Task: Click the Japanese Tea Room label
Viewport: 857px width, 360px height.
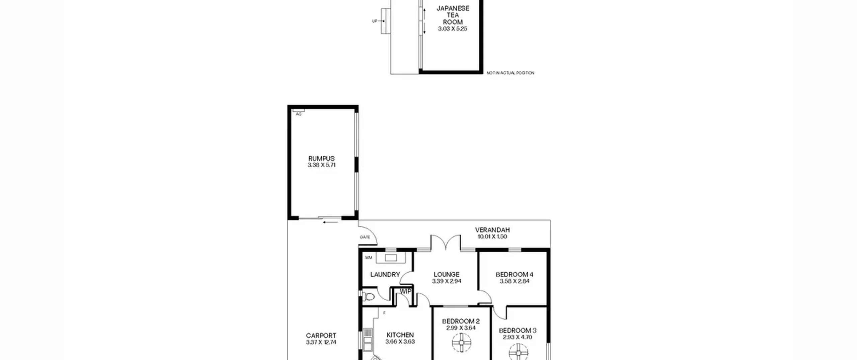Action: tap(453, 15)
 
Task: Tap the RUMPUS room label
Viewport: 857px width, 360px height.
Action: tap(321, 158)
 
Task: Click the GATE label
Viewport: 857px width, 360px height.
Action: tap(365, 237)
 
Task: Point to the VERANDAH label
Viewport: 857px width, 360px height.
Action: tap(492, 230)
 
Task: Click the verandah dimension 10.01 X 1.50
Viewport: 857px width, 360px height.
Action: tap(492, 236)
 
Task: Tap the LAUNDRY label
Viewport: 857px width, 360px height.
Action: tap(385, 275)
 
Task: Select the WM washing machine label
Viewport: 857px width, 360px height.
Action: tap(369, 258)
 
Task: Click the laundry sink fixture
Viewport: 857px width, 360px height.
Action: tap(391, 258)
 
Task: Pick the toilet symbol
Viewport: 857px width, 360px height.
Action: tap(369, 296)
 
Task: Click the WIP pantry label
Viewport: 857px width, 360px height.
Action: tap(406, 291)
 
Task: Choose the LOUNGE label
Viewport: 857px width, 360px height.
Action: tap(447, 275)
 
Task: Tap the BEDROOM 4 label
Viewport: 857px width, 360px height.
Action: tap(515, 275)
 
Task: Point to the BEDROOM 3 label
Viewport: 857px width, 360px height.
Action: tap(518, 331)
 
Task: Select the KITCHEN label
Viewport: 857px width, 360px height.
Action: tap(400, 335)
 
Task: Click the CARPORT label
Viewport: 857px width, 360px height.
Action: tap(321, 336)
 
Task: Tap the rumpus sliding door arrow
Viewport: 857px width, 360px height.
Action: tap(330, 222)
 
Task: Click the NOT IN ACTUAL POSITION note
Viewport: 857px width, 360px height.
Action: tap(511, 73)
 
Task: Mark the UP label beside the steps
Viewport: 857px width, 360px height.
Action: tap(375, 21)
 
